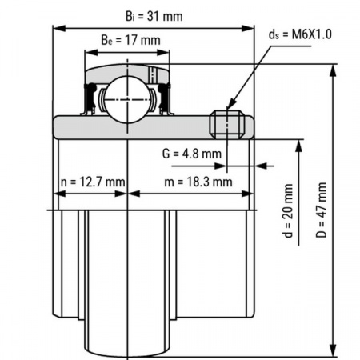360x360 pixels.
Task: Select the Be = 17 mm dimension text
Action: click(128, 39)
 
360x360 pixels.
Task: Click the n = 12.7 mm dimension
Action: click(93, 182)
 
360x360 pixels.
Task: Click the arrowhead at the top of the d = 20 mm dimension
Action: click(299, 145)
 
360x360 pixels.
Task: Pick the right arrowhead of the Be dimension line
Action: click(168, 52)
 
